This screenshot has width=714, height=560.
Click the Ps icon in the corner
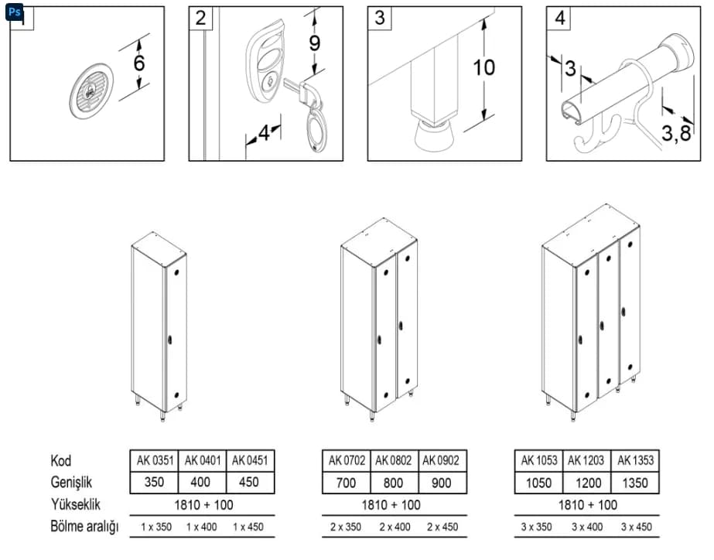pyautogui.click(x=14, y=12)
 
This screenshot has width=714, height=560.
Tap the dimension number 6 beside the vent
pyautogui.click(x=139, y=62)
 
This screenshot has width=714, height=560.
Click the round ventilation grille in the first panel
pyautogui.click(x=91, y=91)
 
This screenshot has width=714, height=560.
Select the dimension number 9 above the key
pyautogui.click(x=315, y=43)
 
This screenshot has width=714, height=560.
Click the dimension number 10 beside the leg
pyautogui.click(x=483, y=67)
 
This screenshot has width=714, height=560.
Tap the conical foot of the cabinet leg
pyautogui.click(x=434, y=137)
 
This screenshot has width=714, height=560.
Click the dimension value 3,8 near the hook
pyautogui.click(x=676, y=133)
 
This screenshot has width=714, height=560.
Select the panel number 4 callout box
pyautogui.click(x=559, y=19)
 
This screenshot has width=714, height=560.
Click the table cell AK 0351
pyautogui.click(x=155, y=461)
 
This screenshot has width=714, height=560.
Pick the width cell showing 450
pyautogui.click(x=249, y=482)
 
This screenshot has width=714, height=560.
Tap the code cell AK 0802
pyautogui.click(x=394, y=461)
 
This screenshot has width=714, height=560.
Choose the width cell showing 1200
pyautogui.click(x=588, y=483)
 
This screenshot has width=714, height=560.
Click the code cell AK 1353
pyautogui.click(x=635, y=461)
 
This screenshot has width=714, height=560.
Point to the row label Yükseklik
pyautogui.click(x=76, y=504)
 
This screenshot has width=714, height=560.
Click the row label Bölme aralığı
pyautogui.click(x=84, y=527)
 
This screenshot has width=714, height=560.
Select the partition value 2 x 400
pyautogui.click(x=395, y=527)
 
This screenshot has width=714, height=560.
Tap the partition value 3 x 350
pyautogui.click(x=536, y=527)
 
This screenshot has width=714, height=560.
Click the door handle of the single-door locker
pyautogui.click(x=169, y=340)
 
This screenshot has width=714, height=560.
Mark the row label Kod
pyautogui.click(x=61, y=461)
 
